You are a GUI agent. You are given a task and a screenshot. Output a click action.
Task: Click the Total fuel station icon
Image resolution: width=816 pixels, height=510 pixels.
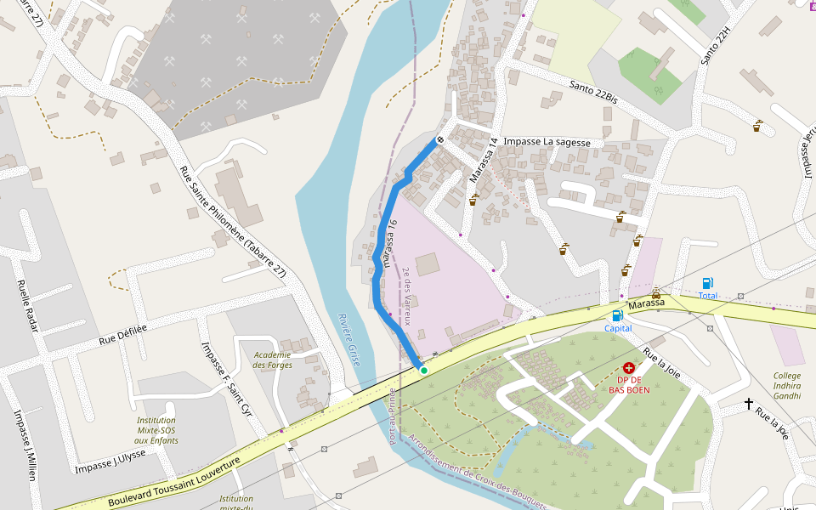point(708,283)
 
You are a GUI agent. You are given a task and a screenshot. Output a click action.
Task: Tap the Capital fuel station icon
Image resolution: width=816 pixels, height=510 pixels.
point(618,315)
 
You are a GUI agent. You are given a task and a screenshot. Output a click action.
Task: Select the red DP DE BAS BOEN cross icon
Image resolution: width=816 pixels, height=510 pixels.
point(629,368)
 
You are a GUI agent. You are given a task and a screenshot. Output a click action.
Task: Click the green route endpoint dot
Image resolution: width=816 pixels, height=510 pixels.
point(423,370)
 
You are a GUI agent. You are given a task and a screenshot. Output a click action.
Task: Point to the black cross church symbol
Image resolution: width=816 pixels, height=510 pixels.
point(749,404)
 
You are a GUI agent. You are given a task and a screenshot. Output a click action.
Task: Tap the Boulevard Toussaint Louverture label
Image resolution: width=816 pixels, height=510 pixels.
point(174,481)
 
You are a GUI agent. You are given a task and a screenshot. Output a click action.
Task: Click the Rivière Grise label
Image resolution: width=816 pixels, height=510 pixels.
point(349,339)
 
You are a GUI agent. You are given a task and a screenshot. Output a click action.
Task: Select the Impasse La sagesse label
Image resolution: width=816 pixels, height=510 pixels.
point(547,142)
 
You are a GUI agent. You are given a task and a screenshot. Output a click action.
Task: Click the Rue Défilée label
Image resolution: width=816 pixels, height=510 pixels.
point(123,334)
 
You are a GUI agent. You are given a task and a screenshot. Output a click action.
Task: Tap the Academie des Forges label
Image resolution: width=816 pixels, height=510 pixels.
point(273,360)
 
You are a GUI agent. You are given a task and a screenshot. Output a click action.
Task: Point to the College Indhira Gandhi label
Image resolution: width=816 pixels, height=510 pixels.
point(787,386)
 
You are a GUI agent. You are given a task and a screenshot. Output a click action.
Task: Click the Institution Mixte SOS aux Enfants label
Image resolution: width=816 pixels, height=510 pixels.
point(156,430)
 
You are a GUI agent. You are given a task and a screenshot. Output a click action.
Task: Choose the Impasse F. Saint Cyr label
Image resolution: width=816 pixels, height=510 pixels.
point(226,379)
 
